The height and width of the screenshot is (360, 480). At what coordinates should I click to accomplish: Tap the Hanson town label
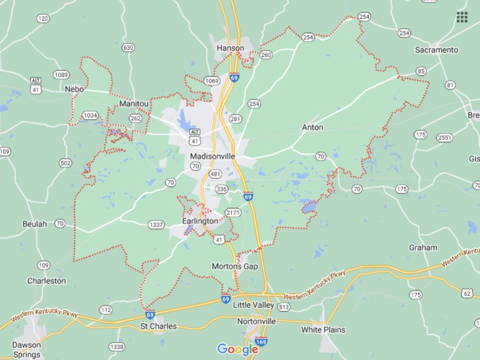pos(230,48)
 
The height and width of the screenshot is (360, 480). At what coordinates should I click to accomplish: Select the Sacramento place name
pos(436,50)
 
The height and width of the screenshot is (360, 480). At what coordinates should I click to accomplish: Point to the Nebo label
pos(74,89)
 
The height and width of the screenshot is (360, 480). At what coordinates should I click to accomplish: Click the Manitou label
pos(134,104)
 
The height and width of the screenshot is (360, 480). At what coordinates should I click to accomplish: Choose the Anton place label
pos(313,127)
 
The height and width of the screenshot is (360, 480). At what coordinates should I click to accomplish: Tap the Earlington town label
pos(200,221)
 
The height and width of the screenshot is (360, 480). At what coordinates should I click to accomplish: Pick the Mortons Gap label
pos(235,266)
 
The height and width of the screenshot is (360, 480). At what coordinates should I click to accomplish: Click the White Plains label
pos(323,330)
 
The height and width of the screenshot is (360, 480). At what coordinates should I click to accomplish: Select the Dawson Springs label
pos(27,349)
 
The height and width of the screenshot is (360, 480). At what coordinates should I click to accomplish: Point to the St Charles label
pos(158,326)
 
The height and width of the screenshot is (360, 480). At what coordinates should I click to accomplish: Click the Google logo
pos(238,349)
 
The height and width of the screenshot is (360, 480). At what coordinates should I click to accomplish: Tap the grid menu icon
pos(462,17)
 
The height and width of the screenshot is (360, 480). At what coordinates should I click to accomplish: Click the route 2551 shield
pos(444,138)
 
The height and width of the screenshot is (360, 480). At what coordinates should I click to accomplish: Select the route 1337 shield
pos(156,225)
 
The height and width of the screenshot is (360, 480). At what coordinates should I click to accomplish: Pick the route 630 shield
pos(128,47)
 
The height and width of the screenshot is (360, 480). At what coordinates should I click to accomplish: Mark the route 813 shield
pos(284,307)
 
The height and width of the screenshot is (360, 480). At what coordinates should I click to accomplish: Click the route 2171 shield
pos(233,213)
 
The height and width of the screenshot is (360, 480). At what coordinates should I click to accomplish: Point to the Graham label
pos(423,248)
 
